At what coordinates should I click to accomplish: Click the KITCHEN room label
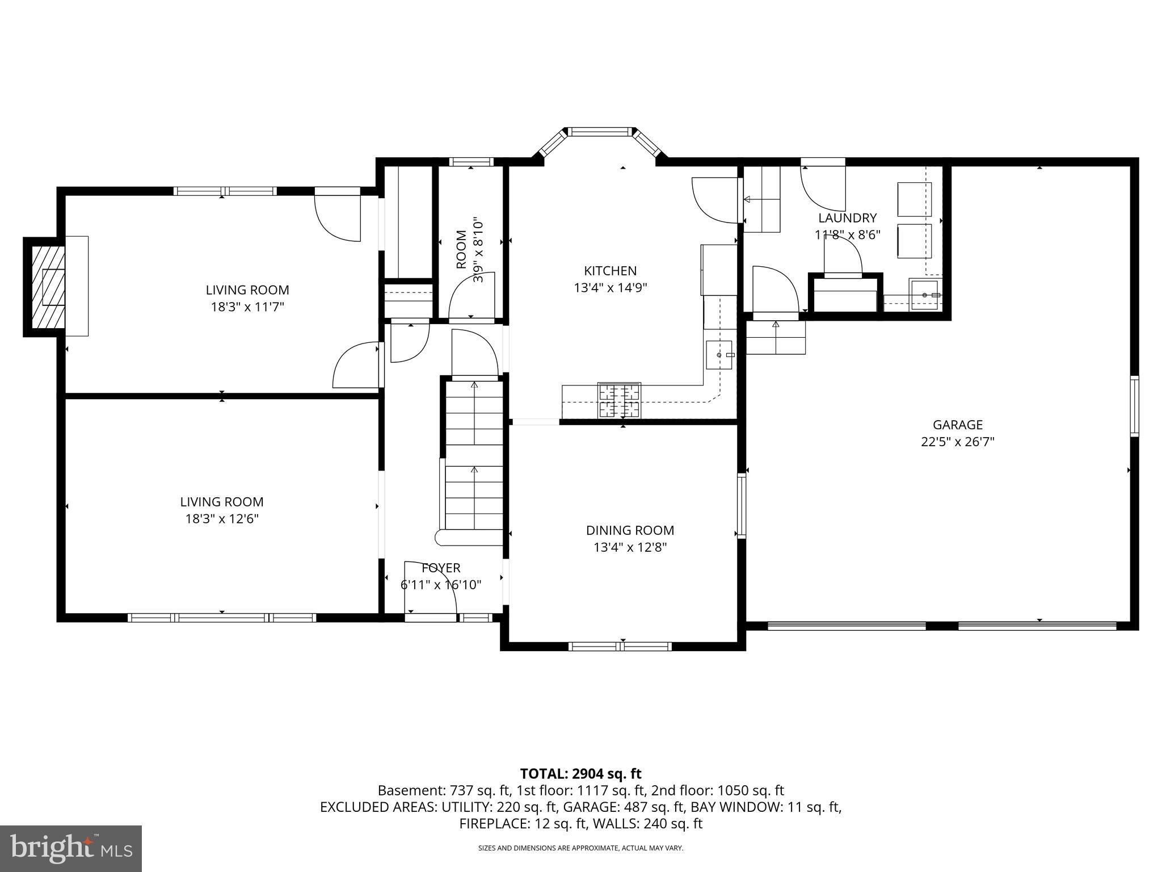click(610, 271)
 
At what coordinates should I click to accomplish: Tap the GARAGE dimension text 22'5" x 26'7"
click(957, 442)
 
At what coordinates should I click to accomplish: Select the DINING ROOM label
click(630, 530)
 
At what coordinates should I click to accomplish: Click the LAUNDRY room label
click(847, 217)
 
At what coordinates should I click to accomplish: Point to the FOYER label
click(441, 568)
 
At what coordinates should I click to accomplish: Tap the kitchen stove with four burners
click(618, 400)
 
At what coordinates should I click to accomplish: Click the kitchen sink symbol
click(719, 355)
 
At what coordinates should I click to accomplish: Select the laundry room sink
click(924, 295)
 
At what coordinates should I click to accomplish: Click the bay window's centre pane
click(600, 132)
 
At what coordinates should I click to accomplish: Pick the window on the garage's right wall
click(1134, 406)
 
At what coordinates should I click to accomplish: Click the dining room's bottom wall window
click(620, 646)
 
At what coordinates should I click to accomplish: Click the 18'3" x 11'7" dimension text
click(247, 307)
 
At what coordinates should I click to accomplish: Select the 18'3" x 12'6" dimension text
click(222, 519)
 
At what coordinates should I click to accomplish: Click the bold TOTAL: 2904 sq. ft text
click(580, 773)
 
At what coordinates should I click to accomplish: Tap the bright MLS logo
click(71, 849)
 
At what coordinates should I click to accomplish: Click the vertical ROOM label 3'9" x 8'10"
click(469, 250)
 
